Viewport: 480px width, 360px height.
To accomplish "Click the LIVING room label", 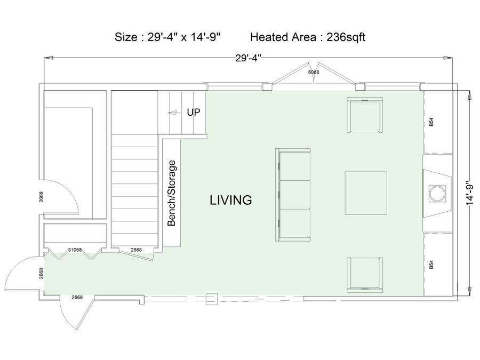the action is click(x=231, y=200).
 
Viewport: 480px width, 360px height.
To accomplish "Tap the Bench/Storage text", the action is click(x=172, y=194).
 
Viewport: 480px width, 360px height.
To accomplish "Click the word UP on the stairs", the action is click(x=194, y=113).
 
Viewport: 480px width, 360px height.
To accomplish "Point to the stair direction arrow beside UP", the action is click(x=174, y=113).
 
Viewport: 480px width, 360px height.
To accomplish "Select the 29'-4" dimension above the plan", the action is click(x=248, y=58).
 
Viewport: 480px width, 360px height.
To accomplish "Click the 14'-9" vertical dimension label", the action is click(x=471, y=194).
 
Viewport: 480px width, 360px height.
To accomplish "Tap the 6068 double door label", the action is click(x=314, y=72).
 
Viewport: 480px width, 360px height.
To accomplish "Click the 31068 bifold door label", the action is click(x=75, y=250).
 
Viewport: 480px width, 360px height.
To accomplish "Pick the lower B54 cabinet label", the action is click(x=431, y=265).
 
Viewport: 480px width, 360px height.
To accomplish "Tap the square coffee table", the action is click(x=366, y=193).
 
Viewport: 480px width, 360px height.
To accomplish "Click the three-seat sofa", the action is click(x=293, y=195).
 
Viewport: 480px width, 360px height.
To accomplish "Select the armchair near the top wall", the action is click(x=365, y=115).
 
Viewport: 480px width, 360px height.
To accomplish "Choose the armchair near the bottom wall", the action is click(x=365, y=275).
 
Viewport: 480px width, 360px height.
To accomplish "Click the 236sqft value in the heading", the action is click(x=346, y=37).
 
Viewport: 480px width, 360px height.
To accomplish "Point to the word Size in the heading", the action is click(x=126, y=37).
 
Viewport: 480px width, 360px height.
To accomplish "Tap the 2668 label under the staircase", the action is click(x=136, y=250).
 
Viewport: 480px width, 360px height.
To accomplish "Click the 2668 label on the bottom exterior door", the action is click(x=77, y=297).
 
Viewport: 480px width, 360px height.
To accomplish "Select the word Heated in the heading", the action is click(x=269, y=37).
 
